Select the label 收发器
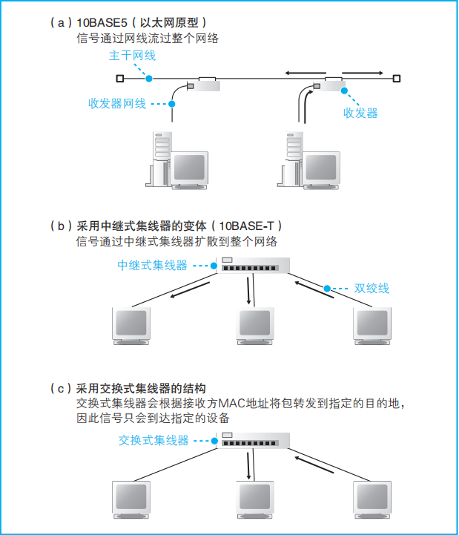click(360, 113)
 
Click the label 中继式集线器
click(153, 265)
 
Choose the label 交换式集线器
click(153, 440)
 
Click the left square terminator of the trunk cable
click(119, 79)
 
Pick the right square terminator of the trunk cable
click(397, 79)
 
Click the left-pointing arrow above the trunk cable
click(304, 73)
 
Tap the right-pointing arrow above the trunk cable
click(363, 73)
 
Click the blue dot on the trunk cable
click(149, 79)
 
